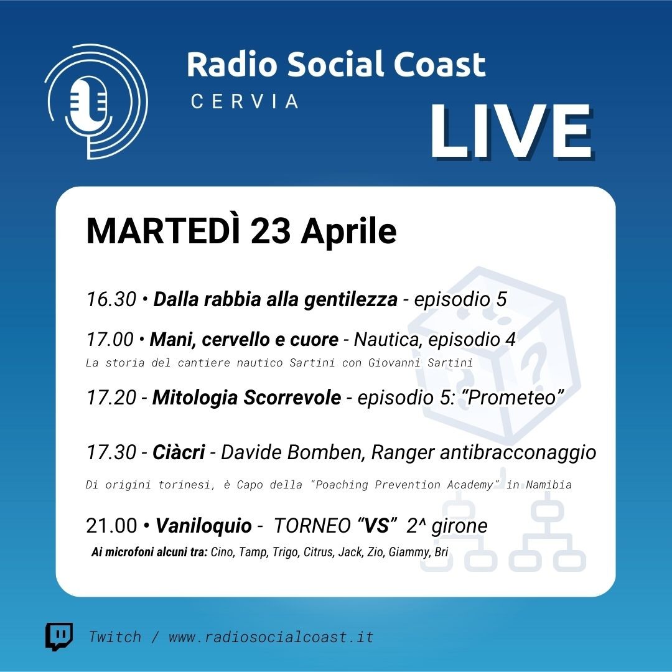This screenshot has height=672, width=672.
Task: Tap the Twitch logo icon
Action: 59,637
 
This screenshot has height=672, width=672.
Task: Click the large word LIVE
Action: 511,131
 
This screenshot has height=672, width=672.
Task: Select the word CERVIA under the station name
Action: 245,101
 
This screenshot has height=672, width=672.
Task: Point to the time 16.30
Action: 111,299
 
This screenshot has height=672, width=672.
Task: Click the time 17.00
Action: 110,340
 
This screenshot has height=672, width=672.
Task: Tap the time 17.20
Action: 111,397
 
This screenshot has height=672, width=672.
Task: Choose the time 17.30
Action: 111,452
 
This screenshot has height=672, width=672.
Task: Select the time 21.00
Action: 111,525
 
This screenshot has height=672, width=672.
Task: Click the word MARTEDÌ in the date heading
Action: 164,231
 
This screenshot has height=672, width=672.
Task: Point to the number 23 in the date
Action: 271,231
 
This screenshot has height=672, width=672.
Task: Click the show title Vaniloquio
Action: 203,526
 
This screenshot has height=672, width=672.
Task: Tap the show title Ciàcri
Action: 179,452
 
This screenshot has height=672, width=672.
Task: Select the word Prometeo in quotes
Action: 512,397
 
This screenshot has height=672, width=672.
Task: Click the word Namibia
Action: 549,485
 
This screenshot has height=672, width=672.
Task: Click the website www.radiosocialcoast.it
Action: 271,637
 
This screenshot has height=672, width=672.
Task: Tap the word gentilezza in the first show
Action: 350,299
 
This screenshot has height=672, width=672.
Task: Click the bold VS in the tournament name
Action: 376,525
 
